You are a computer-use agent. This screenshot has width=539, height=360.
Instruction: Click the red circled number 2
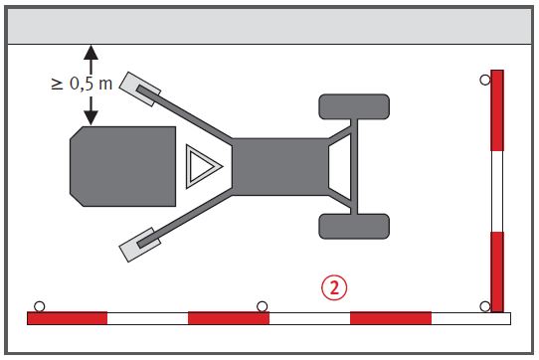click(334, 287)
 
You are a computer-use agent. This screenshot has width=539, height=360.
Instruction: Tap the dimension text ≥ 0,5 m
click(82, 84)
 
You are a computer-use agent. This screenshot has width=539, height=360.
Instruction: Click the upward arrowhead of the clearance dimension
click(90, 53)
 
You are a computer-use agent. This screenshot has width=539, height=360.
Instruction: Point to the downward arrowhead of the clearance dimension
click(90, 117)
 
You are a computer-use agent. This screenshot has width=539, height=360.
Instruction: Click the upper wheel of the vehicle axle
click(354, 106)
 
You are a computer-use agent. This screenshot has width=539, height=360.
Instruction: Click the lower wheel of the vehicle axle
click(354, 227)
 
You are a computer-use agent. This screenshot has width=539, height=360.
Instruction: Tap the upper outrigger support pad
click(139, 90)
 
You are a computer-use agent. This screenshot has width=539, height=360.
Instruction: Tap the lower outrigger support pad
click(139, 245)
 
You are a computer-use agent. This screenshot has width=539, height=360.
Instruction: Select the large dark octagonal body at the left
click(122, 166)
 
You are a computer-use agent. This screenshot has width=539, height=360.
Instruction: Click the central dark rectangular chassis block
click(280, 167)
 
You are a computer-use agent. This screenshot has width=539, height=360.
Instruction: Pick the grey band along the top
click(269, 26)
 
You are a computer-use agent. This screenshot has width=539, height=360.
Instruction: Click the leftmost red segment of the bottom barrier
click(67, 318)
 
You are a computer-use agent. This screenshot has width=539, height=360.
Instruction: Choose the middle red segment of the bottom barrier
click(229, 318)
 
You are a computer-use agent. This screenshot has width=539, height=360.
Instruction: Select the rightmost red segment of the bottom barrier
click(391, 318)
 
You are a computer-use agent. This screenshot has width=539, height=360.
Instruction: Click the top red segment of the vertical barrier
click(497, 110)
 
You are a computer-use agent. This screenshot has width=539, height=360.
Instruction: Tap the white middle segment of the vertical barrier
click(497, 191)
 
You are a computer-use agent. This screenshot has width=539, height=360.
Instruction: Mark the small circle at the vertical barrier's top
click(485, 81)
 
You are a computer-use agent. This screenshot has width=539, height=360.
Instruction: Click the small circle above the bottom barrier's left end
click(40, 306)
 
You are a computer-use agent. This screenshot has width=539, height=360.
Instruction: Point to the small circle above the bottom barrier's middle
click(262, 306)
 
